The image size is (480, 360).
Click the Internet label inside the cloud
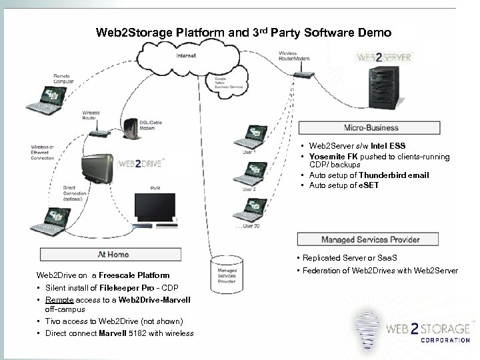tap(186, 56)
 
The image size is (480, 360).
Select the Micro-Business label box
tap(371, 127)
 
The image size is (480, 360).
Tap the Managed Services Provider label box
tap(370, 239)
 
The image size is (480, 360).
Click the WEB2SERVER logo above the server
tap(383, 57)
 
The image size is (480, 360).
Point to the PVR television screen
tap(155, 209)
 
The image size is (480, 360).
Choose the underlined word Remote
tap(59, 299)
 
